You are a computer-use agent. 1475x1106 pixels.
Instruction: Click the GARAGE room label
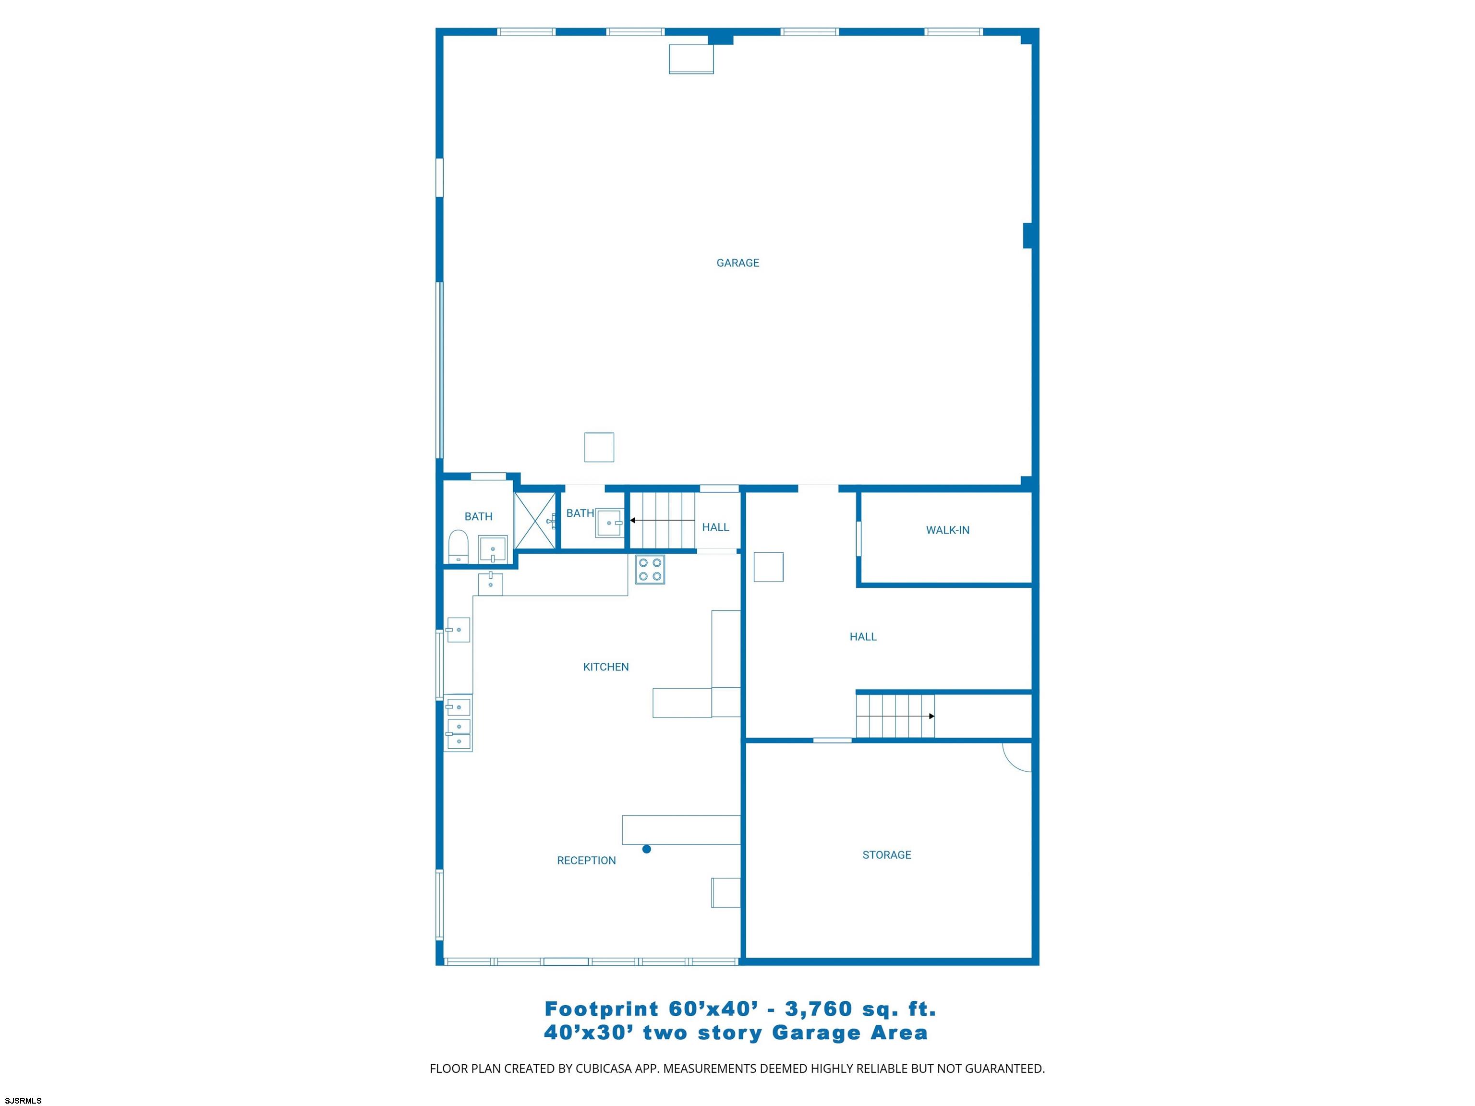point(737,263)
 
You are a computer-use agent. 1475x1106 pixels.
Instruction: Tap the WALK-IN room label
point(947,530)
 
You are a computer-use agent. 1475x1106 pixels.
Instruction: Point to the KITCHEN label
point(605,667)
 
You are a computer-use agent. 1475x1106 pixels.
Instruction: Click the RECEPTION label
point(586,861)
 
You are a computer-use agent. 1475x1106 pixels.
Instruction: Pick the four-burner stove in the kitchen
point(650,569)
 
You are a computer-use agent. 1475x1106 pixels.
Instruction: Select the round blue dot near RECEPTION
point(646,849)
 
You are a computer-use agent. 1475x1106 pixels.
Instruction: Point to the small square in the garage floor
point(599,447)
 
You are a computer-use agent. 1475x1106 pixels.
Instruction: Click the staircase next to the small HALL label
point(663,520)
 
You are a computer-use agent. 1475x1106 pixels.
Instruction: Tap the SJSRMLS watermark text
point(24,1101)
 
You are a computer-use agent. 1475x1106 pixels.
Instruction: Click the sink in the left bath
point(493,549)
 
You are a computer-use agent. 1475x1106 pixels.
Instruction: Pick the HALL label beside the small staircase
point(715,527)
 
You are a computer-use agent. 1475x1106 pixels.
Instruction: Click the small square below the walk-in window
point(768,567)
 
